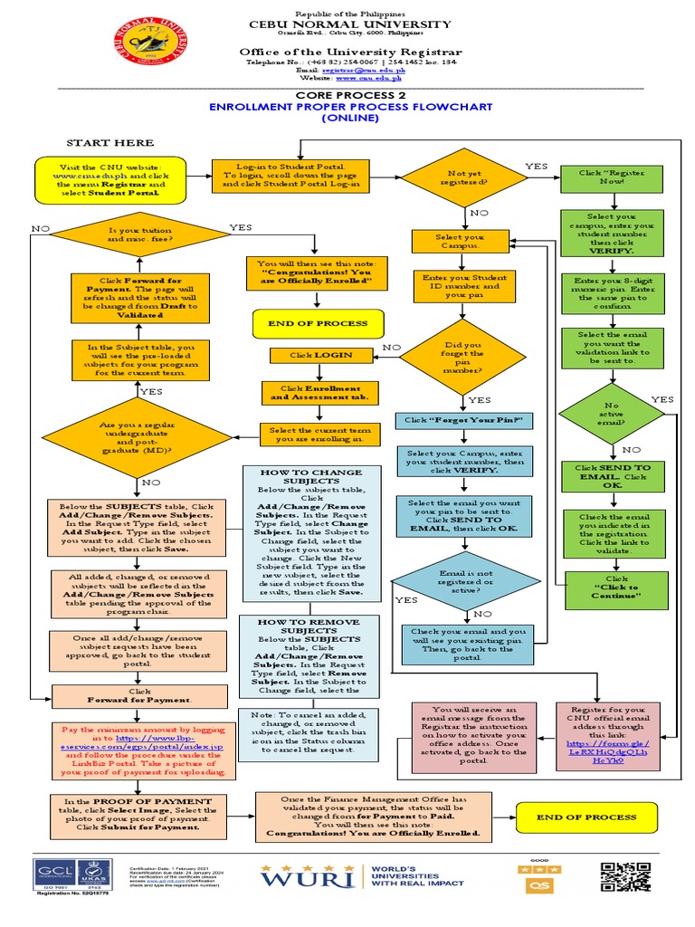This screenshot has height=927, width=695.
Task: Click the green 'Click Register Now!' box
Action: [x=613, y=177]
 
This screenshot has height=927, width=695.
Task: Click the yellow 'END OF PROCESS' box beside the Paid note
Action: [x=586, y=817]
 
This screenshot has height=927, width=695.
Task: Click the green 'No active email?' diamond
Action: [x=613, y=414]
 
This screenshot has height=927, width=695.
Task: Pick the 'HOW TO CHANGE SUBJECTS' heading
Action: [x=311, y=473]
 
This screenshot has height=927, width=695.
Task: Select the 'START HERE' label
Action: [x=109, y=143]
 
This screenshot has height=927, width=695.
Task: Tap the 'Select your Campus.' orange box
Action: [x=461, y=242]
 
